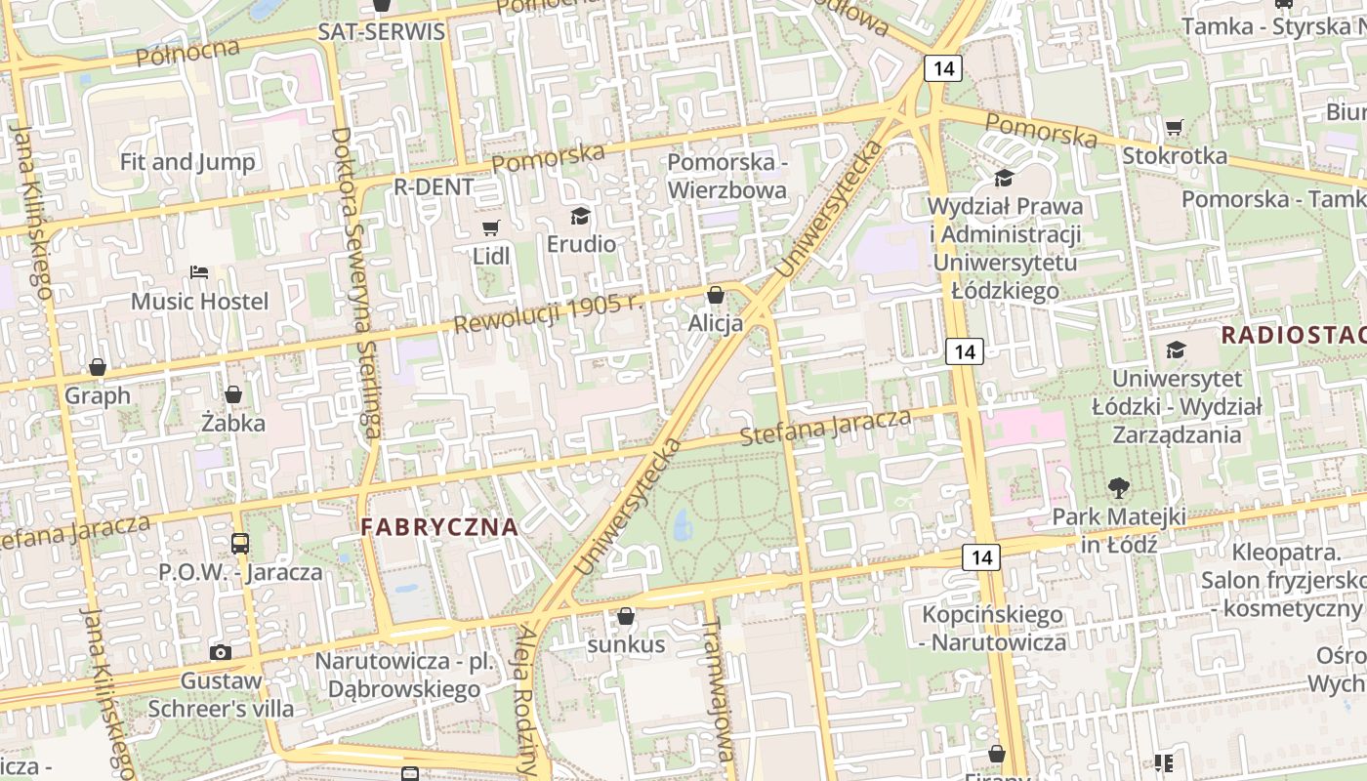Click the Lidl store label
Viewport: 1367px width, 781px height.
(x=491, y=256)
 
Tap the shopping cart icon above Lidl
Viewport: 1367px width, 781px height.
(x=491, y=228)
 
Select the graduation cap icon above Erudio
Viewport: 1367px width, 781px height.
(x=581, y=216)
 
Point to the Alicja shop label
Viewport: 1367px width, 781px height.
(x=716, y=322)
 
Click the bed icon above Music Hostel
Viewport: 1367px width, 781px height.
(x=199, y=271)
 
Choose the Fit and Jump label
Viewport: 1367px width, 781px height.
(x=187, y=162)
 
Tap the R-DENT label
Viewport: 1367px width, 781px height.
(x=434, y=186)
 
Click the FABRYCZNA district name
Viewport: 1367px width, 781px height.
(x=439, y=527)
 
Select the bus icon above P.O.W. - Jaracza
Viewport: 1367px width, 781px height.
(x=240, y=544)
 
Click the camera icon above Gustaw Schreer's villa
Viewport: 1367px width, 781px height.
(x=221, y=652)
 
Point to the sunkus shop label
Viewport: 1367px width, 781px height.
(x=626, y=644)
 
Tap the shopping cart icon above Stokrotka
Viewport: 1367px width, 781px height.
(x=1174, y=127)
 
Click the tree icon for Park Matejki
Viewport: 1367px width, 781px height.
(x=1119, y=487)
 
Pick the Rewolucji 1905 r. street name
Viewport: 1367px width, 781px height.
(x=549, y=311)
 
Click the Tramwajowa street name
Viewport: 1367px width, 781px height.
(x=718, y=688)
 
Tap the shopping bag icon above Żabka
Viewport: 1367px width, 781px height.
(x=233, y=395)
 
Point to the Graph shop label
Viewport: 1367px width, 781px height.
(x=98, y=395)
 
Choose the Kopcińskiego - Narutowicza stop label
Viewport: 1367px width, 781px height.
(x=993, y=629)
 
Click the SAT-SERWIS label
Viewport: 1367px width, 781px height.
(x=382, y=31)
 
